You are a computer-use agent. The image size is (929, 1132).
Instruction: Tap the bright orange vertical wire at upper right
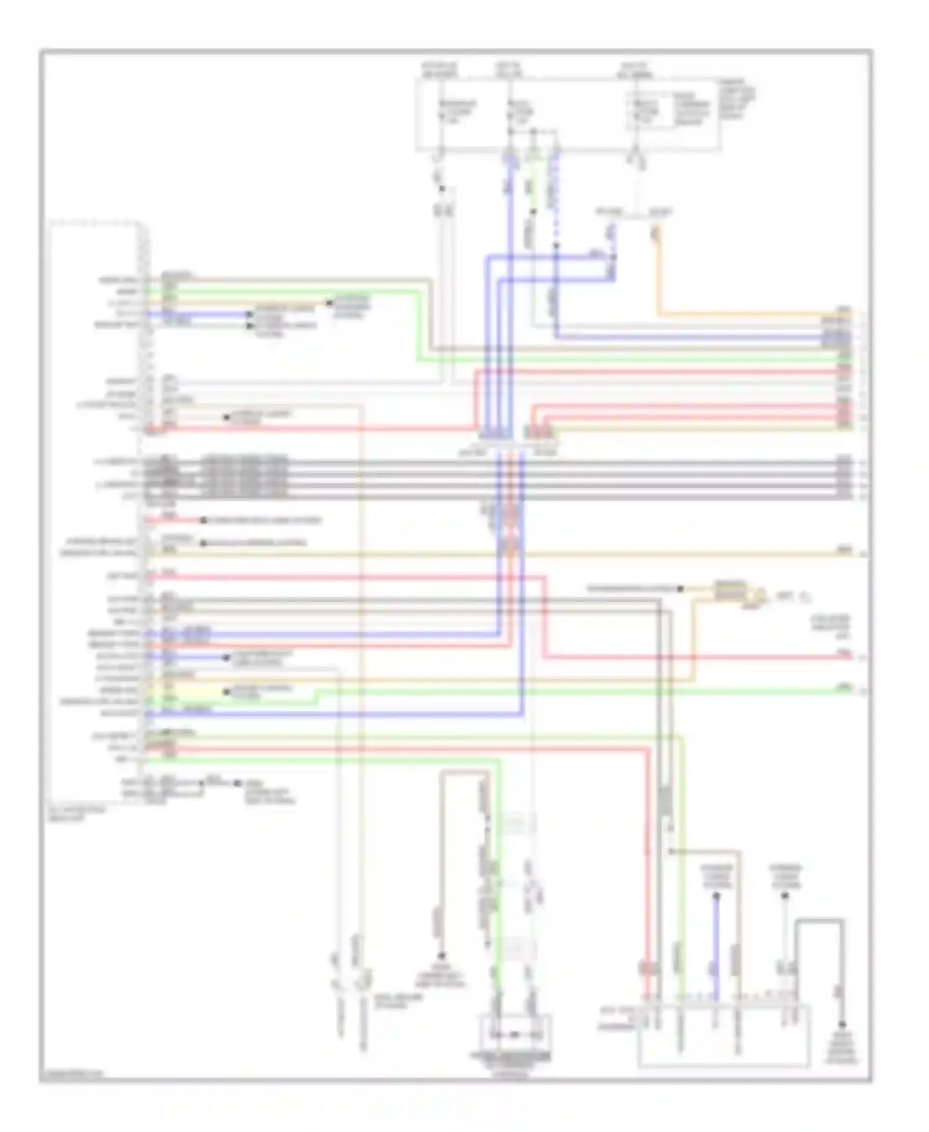(x=658, y=272)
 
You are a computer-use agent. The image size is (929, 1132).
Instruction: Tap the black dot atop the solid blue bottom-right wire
(x=717, y=896)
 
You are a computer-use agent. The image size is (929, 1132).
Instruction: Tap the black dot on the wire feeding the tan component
(x=680, y=589)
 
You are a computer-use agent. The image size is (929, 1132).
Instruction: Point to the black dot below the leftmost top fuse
(x=442, y=189)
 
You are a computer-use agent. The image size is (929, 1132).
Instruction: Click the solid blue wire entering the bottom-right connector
(x=717, y=947)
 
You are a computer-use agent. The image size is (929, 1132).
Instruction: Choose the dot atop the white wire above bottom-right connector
(x=785, y=897)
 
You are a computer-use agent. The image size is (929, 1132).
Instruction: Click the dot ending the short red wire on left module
(x=203, y=521)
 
